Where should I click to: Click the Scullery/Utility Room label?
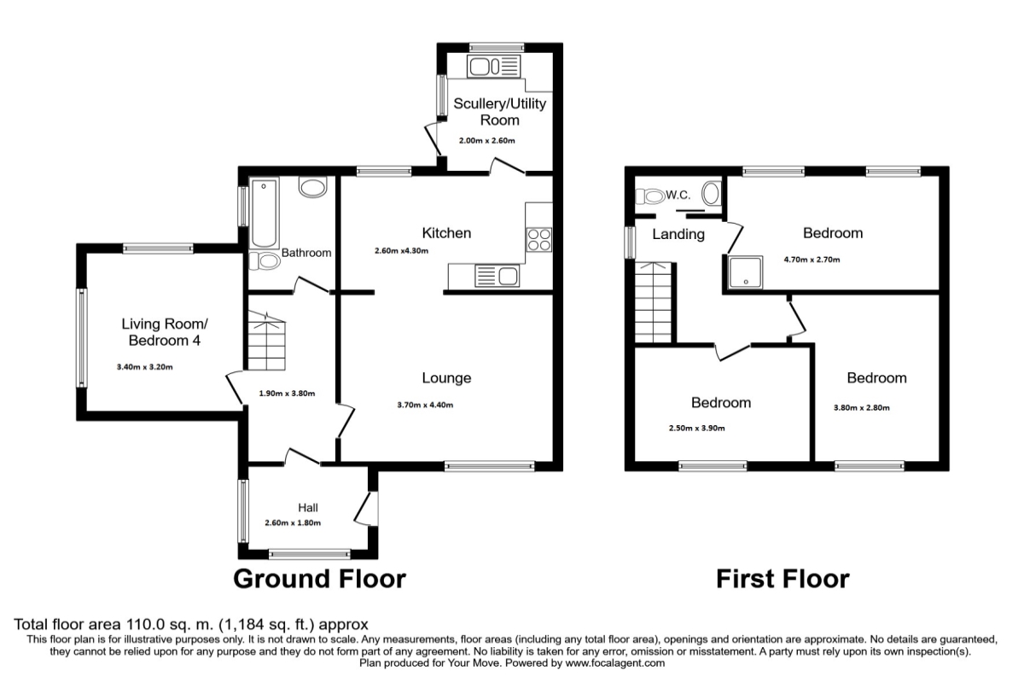(499, 112)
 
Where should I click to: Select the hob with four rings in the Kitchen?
(539, 240)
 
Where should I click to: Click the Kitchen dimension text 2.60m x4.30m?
(401, 251)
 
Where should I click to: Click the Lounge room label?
(446, 377)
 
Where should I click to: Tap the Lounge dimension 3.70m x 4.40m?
(424, 405)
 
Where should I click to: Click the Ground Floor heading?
(319, 579)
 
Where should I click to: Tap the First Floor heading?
(782, 579)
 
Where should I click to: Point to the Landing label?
(678, 234)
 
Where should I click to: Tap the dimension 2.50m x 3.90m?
(696, 429)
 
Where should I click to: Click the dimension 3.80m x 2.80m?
(861, 407)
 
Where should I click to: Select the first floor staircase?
(655, 303)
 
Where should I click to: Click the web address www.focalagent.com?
(614, 663)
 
